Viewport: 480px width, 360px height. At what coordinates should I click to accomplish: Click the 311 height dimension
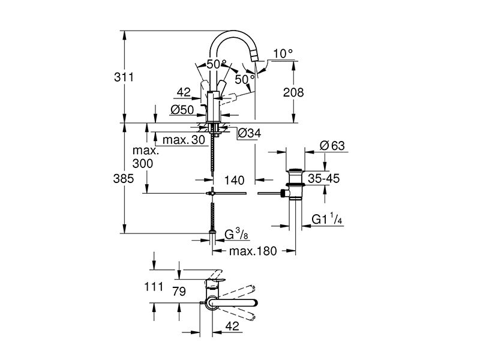[124, 77]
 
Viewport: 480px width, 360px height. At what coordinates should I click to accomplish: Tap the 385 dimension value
[124, 178]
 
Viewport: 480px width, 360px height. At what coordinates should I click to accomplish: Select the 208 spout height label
[293, 92]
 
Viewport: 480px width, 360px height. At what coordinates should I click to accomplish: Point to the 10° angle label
[283, 53]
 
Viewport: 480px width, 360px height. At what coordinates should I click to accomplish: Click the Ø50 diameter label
[182, 110]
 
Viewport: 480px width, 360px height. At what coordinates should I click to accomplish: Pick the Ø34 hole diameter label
[250, 133]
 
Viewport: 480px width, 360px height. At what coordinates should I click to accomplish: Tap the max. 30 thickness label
[184, 140]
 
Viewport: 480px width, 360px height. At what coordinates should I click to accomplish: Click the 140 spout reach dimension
[234, 181]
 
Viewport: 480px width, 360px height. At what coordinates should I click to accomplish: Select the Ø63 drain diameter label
[332, 145]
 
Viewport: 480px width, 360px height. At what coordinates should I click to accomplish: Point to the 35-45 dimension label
[323, 178]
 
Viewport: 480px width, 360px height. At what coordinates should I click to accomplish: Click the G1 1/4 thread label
[327, 219]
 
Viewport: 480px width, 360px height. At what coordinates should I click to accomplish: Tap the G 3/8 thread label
[236, 235]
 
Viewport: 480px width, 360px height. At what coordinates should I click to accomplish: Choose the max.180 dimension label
[253, 251]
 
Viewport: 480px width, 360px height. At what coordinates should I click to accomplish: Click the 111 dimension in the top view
[154, 287]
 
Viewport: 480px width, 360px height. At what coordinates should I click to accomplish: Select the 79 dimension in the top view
[179, 291]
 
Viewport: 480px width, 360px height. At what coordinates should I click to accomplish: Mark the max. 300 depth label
[145, 157]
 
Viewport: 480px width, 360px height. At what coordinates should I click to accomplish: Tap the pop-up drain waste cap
[295, 170]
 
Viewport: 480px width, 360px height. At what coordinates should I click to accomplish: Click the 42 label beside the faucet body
[184, 92]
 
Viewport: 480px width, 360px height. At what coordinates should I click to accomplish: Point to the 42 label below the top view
[232, 326]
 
